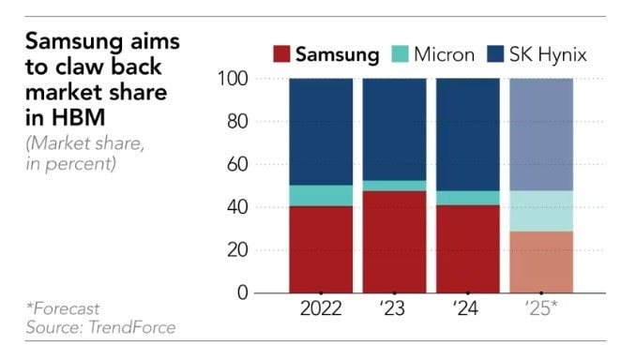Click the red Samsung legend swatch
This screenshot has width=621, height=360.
(282, 54)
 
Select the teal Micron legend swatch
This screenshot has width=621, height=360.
(397, 54)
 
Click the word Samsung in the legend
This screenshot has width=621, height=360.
(338, 54)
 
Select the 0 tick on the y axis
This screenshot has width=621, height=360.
(242, 293)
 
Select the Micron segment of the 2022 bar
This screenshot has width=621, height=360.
(321, 195)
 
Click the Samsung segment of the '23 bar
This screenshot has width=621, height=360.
(394, 242)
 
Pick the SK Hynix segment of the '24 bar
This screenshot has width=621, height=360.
(467, 134)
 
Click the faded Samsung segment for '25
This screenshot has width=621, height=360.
(540, 262)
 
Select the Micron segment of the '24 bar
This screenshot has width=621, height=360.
(467, 198)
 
